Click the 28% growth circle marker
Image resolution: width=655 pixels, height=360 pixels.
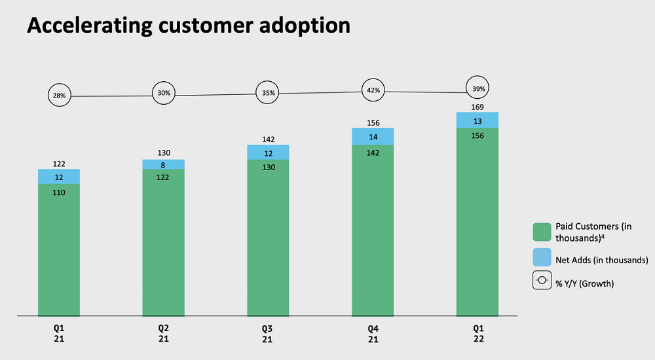[x=59, y=96]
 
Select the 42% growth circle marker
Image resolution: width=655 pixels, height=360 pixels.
[x=373, y=90]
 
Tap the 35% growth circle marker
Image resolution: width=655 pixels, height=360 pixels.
[x=269, y=93]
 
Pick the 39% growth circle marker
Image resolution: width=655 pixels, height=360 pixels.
[x=477, y=88]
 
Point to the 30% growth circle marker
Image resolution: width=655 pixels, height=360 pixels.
[x=164, y=93]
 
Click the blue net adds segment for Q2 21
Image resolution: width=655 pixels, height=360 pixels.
[x=163, y=165]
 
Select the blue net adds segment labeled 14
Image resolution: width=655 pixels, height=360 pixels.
[x=373, y=136]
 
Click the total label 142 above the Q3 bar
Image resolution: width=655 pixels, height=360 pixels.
[x=268, y=139]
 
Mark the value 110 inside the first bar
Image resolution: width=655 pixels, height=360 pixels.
[x=59, y=193]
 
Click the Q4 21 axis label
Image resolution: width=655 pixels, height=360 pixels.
[x=373, y=333]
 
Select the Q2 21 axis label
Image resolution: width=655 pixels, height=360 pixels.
[x=163, y=333]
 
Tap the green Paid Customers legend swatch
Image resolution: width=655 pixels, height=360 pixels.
[x=542, y=232]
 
